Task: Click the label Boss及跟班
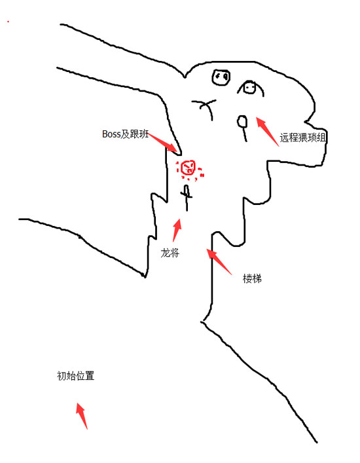[125, 134]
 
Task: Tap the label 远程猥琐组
[303, 138]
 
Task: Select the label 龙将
[170, 253]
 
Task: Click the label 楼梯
[252, 278]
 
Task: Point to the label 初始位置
[75, 376]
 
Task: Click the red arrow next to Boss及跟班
[162, 143]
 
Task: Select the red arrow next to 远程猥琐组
[267, 132]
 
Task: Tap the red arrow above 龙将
[177, 231]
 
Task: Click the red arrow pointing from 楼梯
[219, 262]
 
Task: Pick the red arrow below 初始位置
[82, 416]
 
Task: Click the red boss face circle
[188, 168]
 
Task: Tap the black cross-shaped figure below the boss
[187, 198]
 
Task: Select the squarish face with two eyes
[221, 77]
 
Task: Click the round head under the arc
[249, 87]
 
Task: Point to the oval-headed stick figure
[243, 128]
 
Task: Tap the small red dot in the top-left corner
[9, 22]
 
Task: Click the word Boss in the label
[111, 134]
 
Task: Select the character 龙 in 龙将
[165, 253]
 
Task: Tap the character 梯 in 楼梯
[257, 278]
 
